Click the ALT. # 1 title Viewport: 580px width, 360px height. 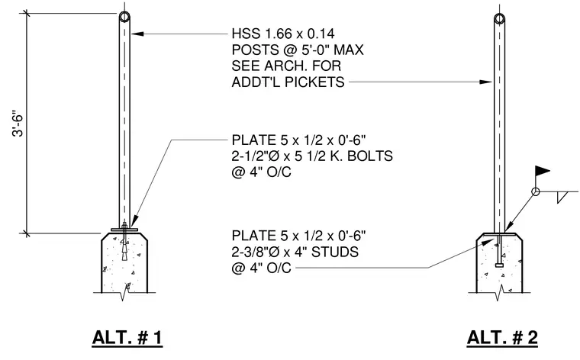pyautogui.click(x=127, y=337)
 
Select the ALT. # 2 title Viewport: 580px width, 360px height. pyautogui.click(x=502, y=337)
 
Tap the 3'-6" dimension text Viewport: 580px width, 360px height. pyautogui.click(x=18, y=123)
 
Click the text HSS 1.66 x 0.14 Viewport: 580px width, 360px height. pyautogui.click(x=283, y=34)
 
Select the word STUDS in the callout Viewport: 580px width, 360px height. pyautogui.click(x=335, y=252)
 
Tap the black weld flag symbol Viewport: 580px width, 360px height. pyautogui.click(x=543, y=171)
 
